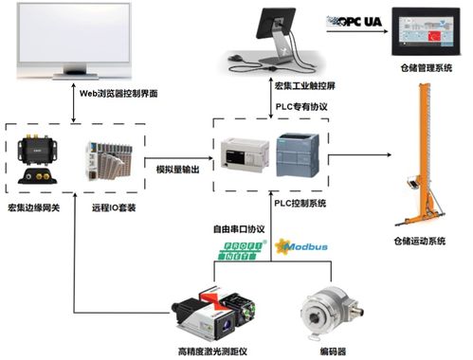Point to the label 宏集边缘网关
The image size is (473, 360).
click(x=36, y=207)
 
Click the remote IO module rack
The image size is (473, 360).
click(x=105, y=161)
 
